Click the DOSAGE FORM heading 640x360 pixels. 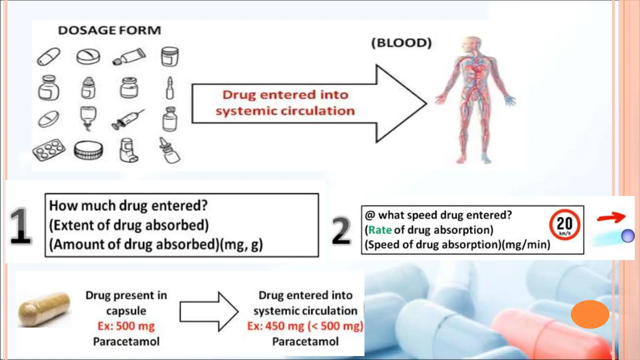109,30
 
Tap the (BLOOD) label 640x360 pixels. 401,43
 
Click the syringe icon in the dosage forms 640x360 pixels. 128,119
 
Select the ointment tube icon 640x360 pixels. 129,57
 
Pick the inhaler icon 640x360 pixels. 128,150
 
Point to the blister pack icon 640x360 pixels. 49,150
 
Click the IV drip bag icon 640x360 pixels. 88,118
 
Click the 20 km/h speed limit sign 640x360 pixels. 564,224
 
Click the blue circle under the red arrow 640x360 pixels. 627,236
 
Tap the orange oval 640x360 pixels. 590,314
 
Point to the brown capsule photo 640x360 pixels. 44,309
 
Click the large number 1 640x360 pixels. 20,226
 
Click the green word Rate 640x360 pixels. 380,230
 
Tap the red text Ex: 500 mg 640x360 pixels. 126,326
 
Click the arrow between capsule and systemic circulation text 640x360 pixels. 209,311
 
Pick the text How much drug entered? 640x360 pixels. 128,206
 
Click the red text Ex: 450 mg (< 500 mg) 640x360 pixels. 305,326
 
